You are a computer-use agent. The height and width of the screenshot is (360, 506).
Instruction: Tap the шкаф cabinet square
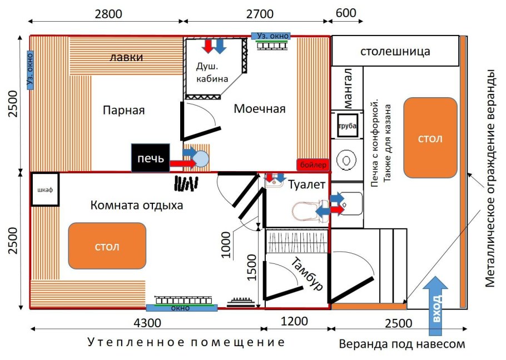[44, 190]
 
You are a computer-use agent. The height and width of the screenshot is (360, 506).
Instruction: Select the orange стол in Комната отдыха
[107, 246]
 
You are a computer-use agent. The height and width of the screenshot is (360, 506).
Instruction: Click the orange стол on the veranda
[430, 138]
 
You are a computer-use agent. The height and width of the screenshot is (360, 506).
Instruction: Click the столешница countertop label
[395, 52]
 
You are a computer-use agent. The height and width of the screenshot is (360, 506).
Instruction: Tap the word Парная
[123, 110]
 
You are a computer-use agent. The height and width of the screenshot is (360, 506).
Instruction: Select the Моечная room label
[259, 109]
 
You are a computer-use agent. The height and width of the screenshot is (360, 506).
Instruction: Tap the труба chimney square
[347, 127]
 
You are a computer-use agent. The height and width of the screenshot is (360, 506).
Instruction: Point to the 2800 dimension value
[108, 14]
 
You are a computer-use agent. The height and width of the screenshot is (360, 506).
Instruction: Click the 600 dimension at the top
[346, 14]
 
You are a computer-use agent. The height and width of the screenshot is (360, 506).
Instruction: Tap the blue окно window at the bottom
[181, 307]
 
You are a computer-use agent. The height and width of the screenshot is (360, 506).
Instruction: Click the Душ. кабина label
[213, 72]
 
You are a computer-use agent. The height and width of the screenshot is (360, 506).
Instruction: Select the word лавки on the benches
[126, 57]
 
